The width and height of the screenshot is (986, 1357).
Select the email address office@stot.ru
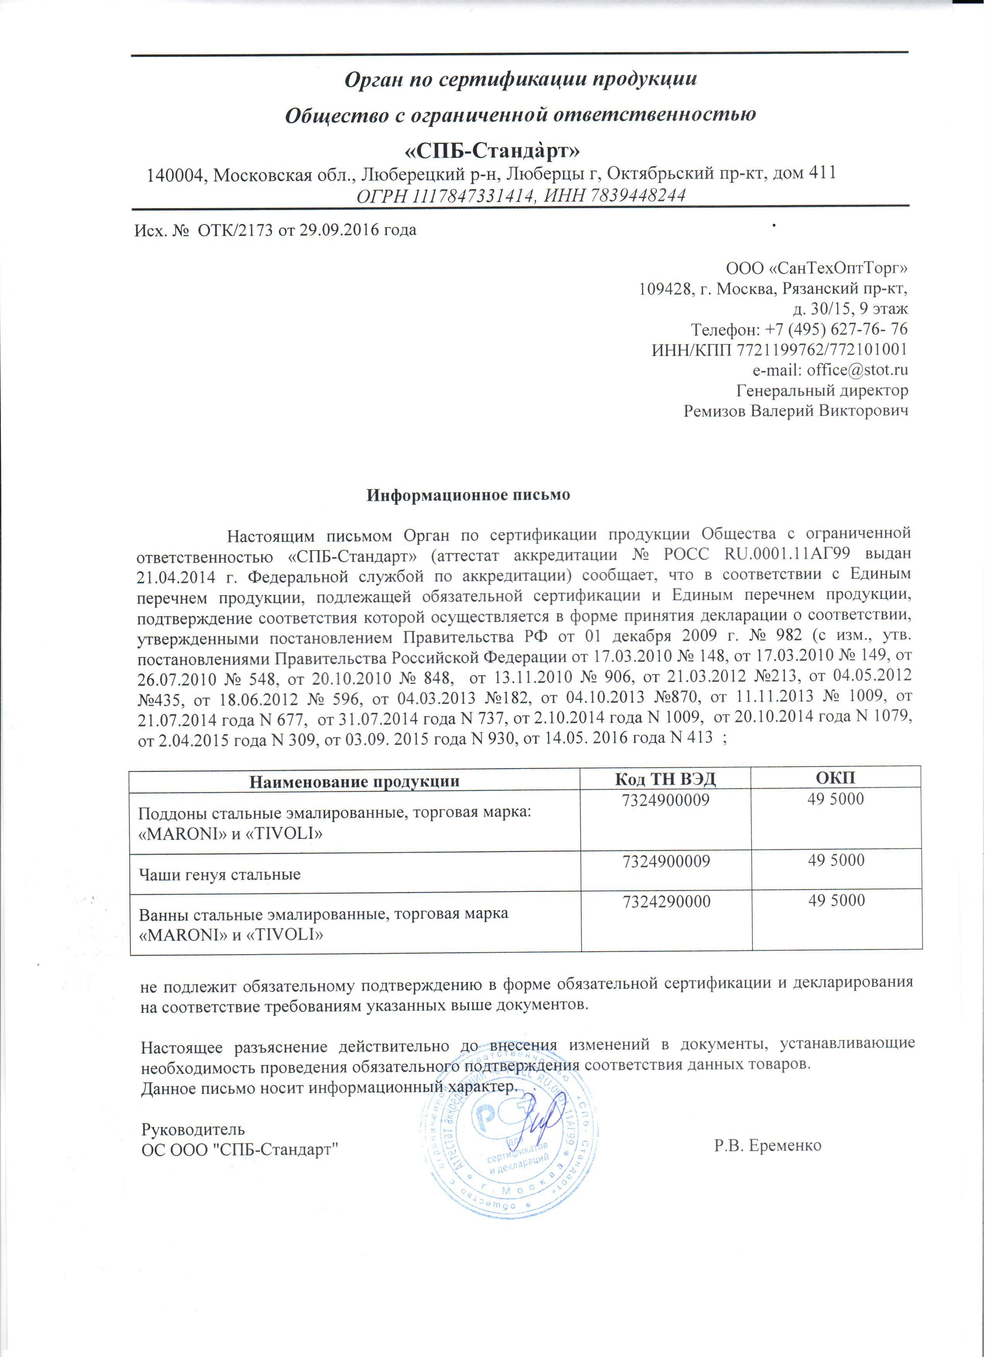pos(857,370)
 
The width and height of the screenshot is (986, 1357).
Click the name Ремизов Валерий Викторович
pos(796,411)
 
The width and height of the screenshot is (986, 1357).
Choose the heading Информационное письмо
pos(468,495)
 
